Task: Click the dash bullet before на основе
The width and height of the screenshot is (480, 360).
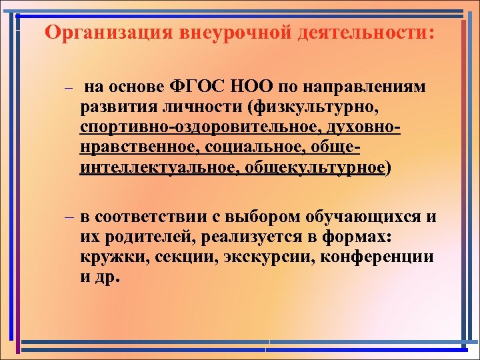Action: click(x=67, y=89)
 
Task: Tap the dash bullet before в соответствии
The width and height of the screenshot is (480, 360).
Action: click(x=69, y=217)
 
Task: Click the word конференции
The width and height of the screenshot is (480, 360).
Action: click(x=381, y=257)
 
